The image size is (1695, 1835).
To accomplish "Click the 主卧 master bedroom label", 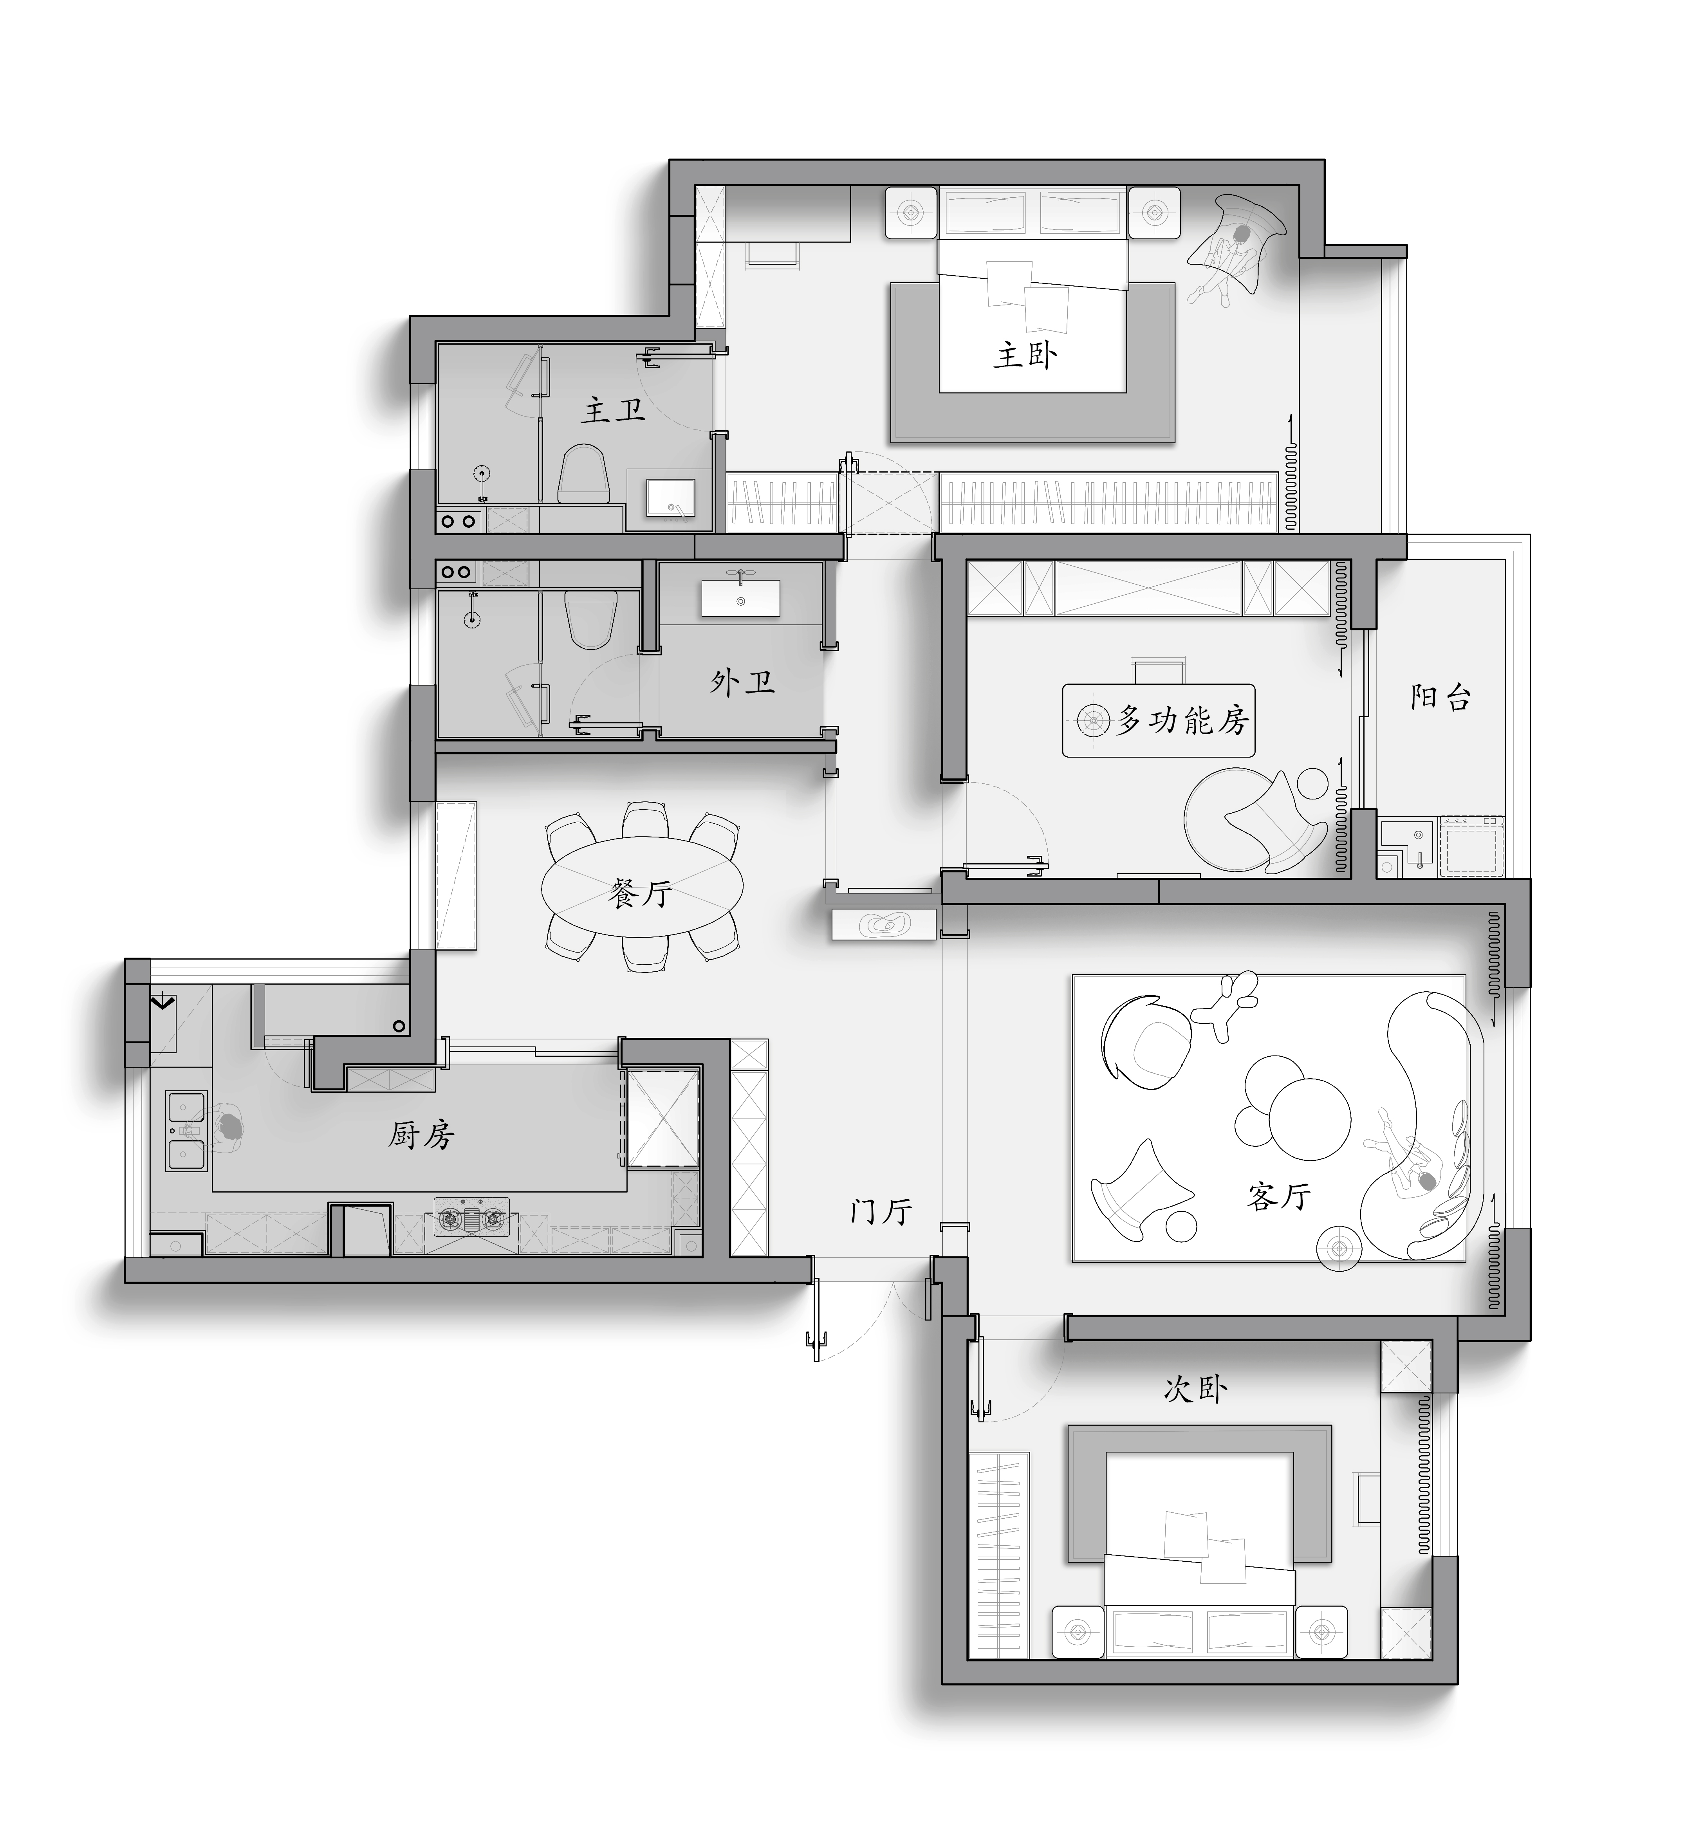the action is point(1025,355).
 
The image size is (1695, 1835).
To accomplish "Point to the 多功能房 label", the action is point(1182,721).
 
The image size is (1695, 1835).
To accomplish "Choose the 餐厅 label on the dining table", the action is point(640,892).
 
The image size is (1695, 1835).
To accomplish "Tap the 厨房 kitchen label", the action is point(421,1136).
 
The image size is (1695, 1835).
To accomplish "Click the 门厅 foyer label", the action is point(881,1211).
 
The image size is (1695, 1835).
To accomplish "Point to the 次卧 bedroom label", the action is point(1195,1389).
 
